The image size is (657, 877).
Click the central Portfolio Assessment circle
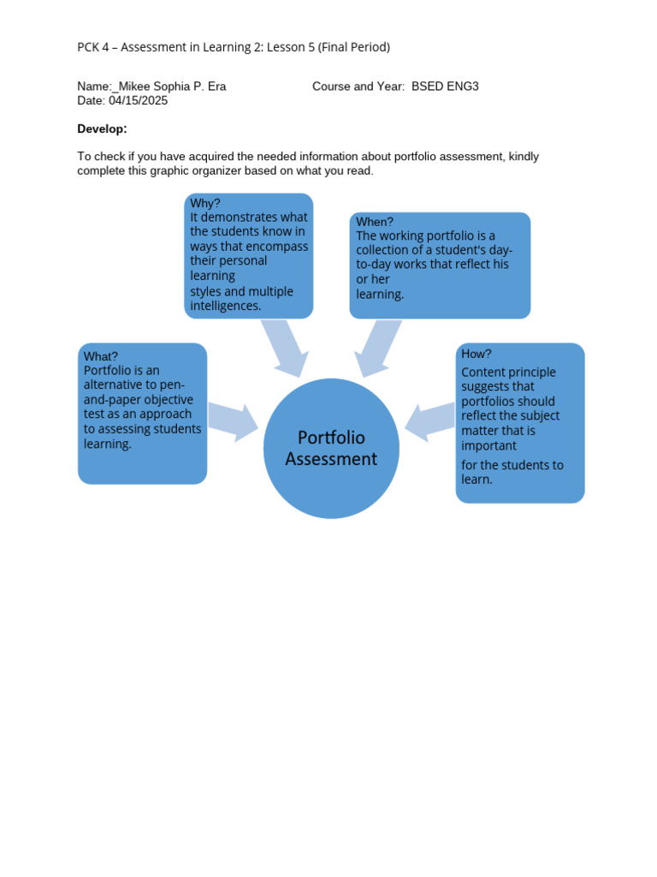[332, 448]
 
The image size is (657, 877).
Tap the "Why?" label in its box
[205, 203]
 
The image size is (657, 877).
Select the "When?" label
[375, 222]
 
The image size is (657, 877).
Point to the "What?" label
[101, 356]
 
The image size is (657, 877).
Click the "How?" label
[476, 354]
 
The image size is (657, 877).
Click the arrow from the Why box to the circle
[285, 347]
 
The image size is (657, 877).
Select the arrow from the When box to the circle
[376, 348]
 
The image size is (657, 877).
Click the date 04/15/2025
[138, 100]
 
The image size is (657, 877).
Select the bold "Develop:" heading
[102, 128]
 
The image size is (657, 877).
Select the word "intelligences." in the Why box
[226, 306]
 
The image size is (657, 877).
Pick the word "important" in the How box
[489, 446]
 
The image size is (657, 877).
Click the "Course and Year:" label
[358, 87]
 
